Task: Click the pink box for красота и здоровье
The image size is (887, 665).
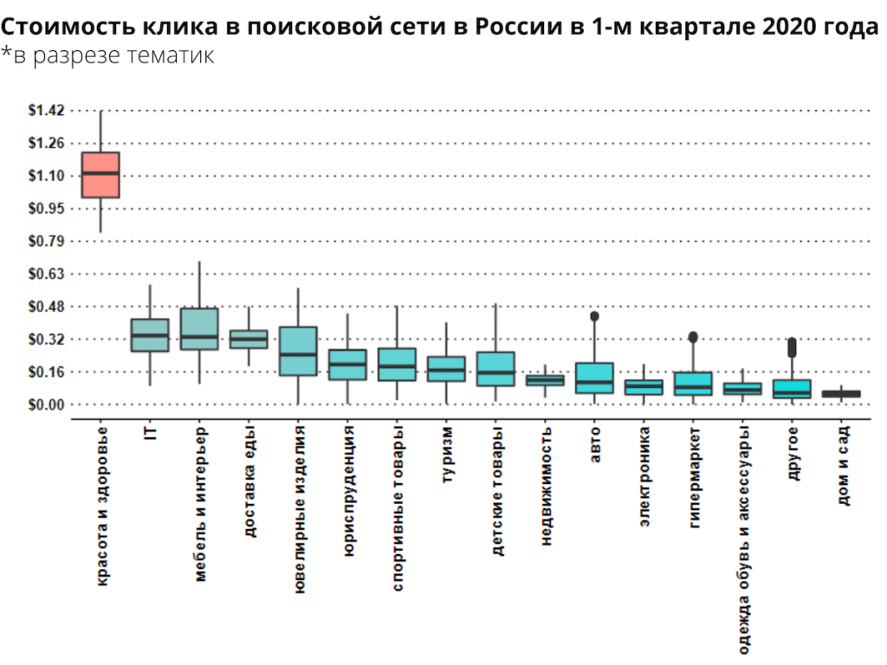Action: (x=100, y=175)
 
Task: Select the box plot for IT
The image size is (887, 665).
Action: (x=150, y=335)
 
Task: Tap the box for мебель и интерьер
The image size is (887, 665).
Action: (x=199, y=329)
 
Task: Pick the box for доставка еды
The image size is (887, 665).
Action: (x=249, y=339)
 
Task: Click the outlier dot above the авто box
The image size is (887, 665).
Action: (x=594, y=317)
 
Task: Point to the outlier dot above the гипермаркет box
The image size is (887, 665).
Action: (x=693, y=337)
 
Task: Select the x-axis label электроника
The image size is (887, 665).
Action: (x=644, y=477)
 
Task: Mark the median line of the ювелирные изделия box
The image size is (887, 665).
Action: (x=298, y=354)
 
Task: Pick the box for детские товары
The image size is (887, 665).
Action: (x=495, y=369)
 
